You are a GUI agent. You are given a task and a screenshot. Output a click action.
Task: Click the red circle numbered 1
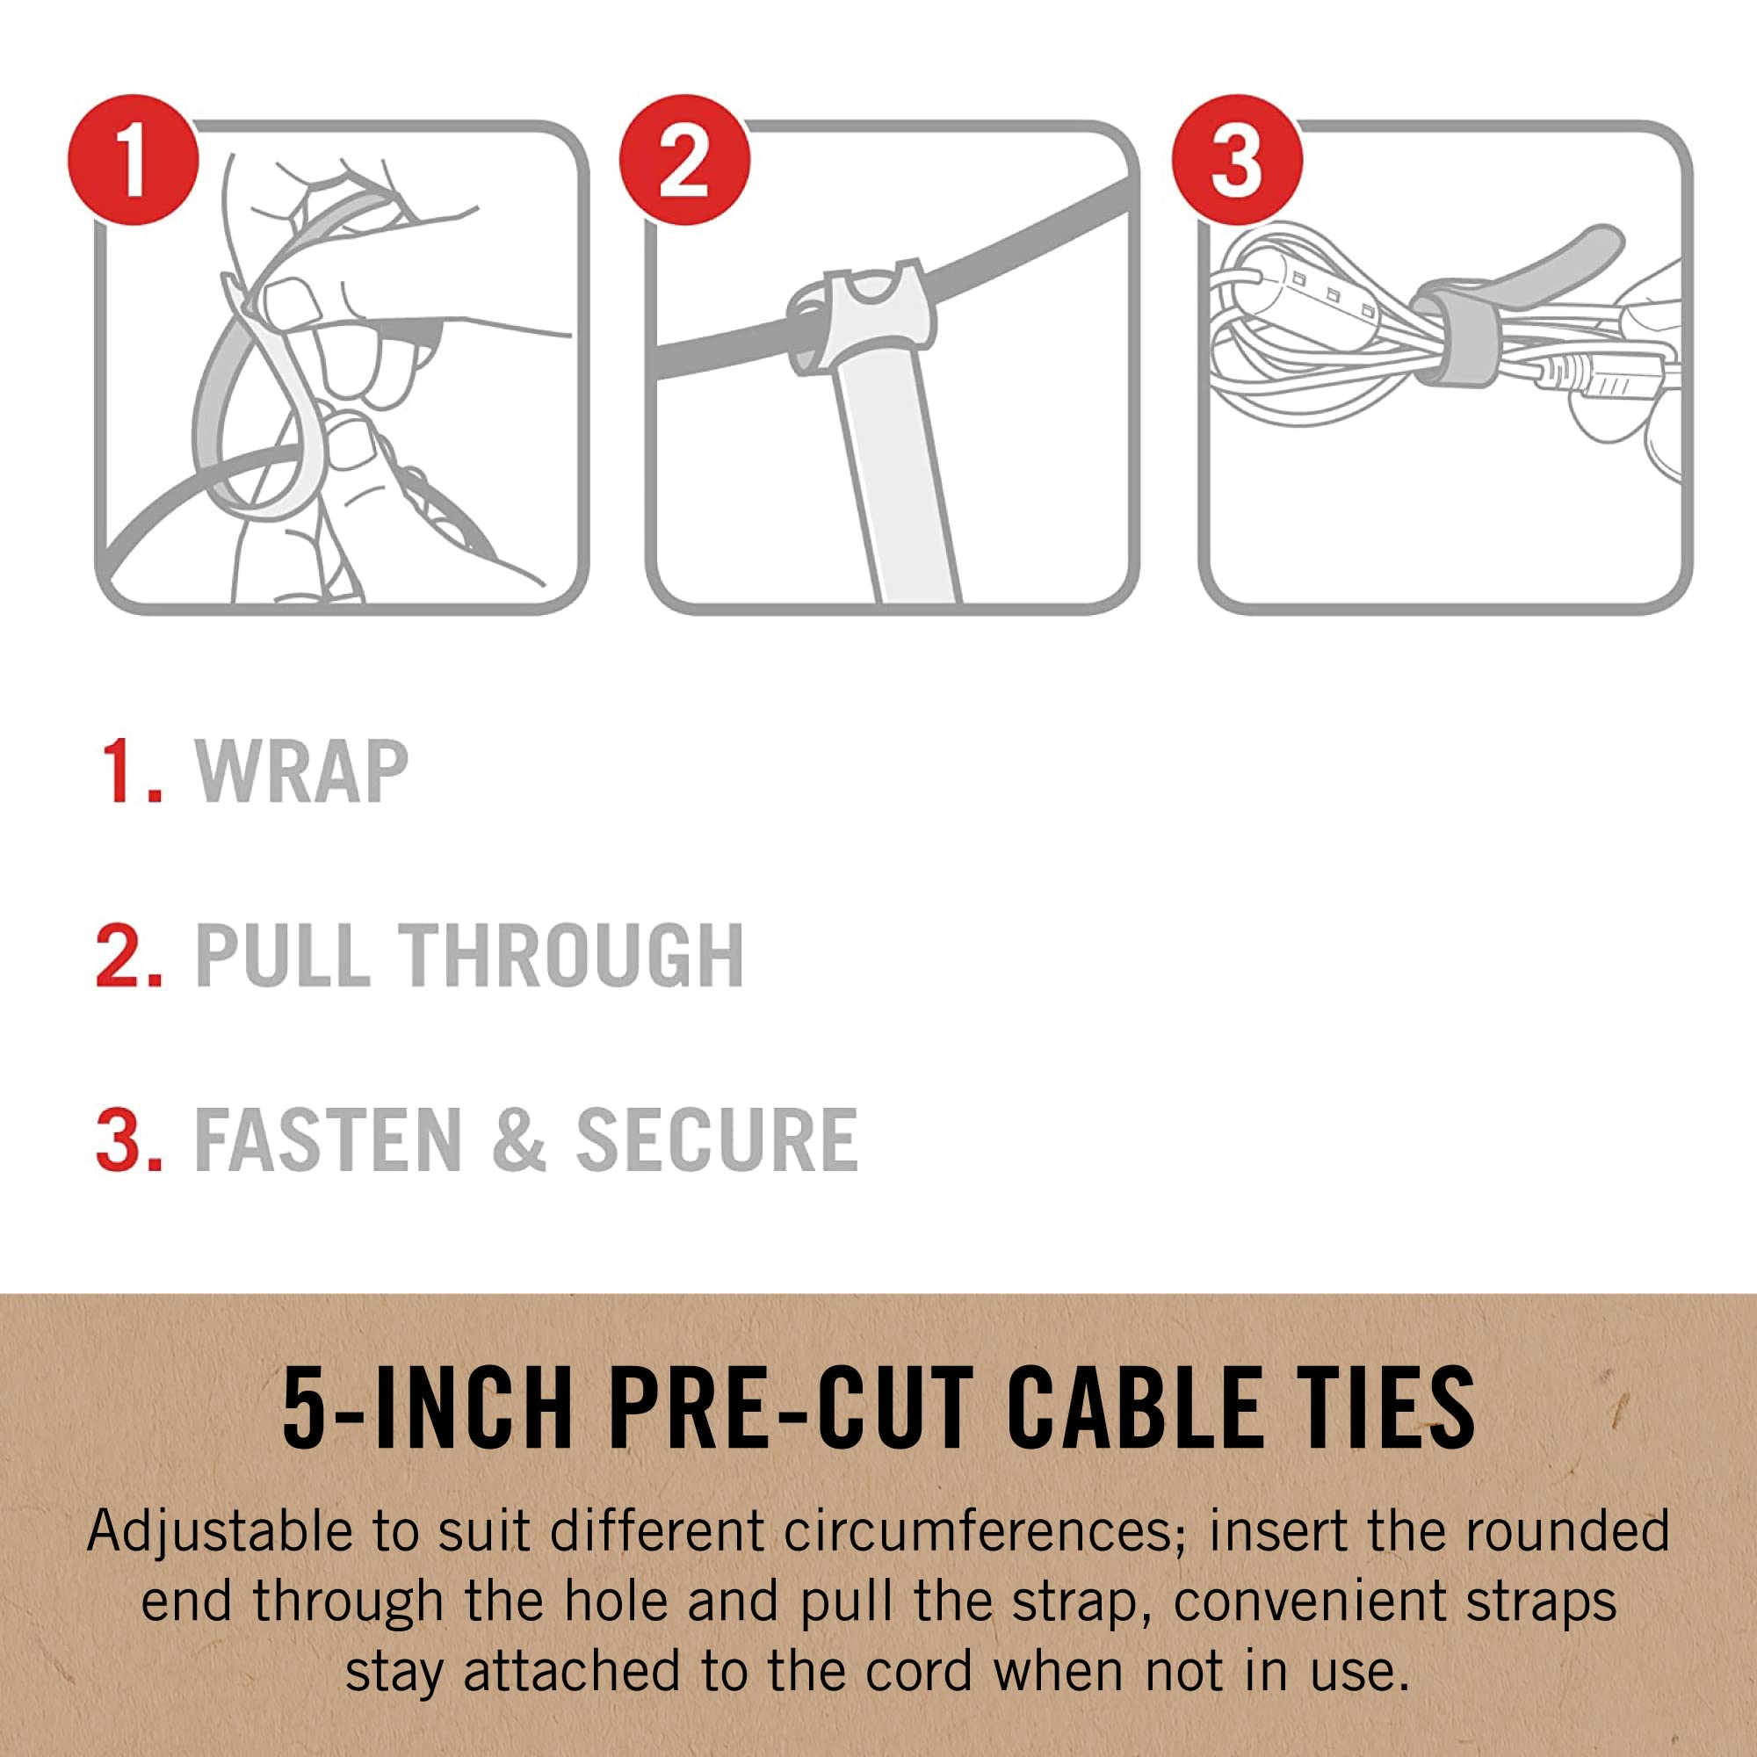click(x=134, y=160)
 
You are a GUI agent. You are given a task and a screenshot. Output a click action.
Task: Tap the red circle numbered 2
click(x=685, y=160)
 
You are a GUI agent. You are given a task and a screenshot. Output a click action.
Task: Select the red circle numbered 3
click(x=1237, y=160)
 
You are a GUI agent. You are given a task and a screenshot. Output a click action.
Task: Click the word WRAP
click(x=302, y=772)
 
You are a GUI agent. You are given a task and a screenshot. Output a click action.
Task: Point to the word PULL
click(x=282, y=955)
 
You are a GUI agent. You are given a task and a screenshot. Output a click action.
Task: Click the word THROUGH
click(x=575, y=955)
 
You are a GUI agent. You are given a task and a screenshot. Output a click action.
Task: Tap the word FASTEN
click(x=329, y=1139)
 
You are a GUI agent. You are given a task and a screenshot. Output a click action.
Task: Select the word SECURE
click(x=717, y=1139)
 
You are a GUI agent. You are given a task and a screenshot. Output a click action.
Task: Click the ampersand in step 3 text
click(x=518, y=1139)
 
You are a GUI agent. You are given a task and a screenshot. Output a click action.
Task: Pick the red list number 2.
click(x=128, y=955)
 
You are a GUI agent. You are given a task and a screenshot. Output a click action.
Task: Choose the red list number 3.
click(x=128, y=1139)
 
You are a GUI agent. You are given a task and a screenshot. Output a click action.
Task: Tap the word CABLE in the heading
click(x=1133, y=1409)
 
